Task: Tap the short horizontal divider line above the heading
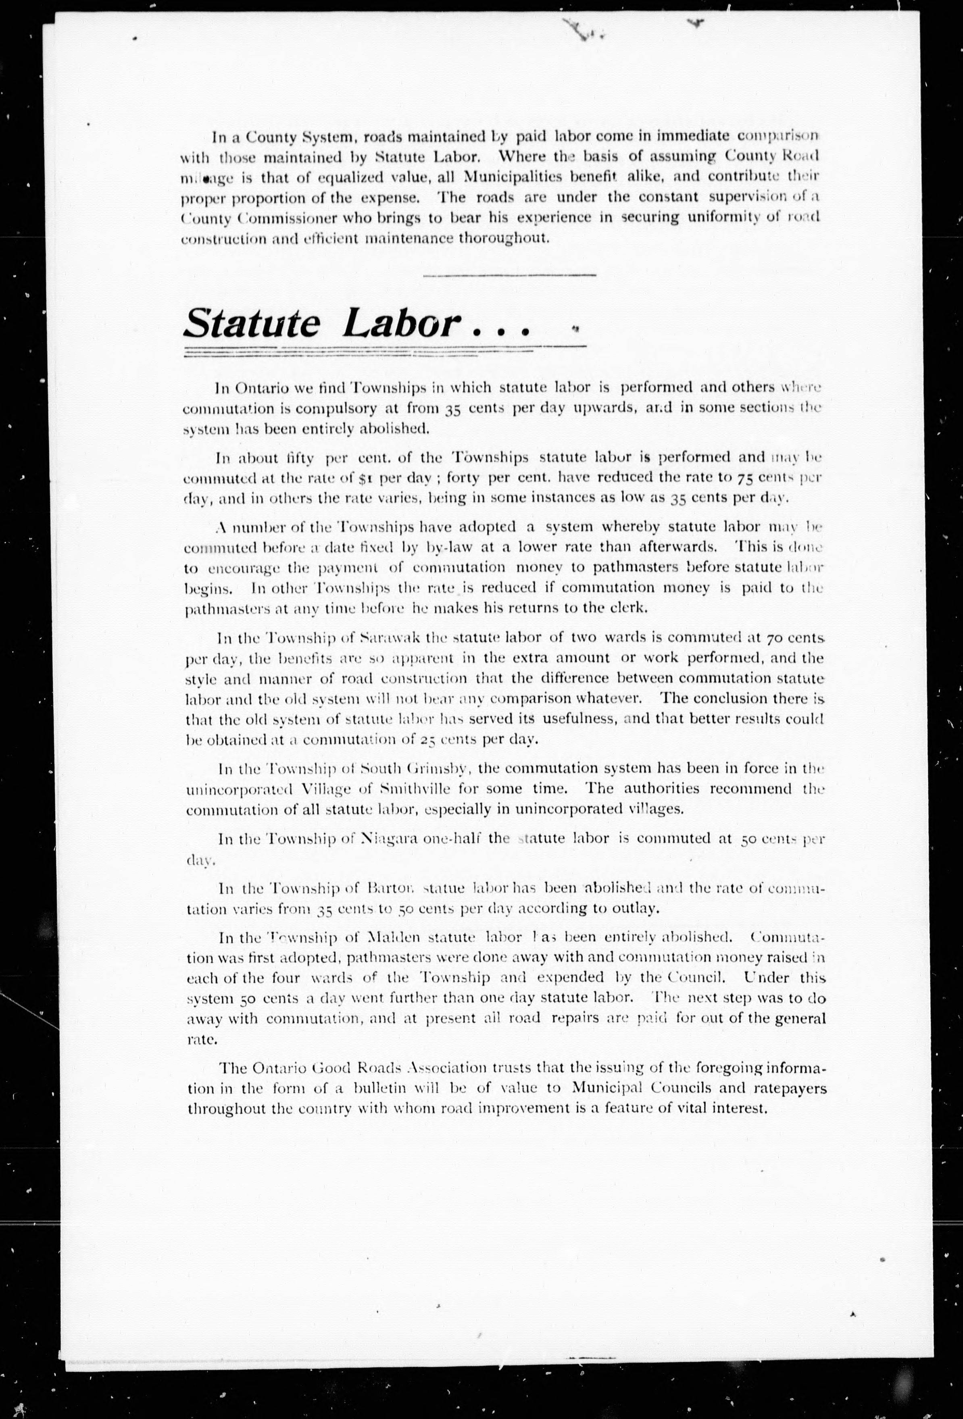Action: click(x=509, y=275)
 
